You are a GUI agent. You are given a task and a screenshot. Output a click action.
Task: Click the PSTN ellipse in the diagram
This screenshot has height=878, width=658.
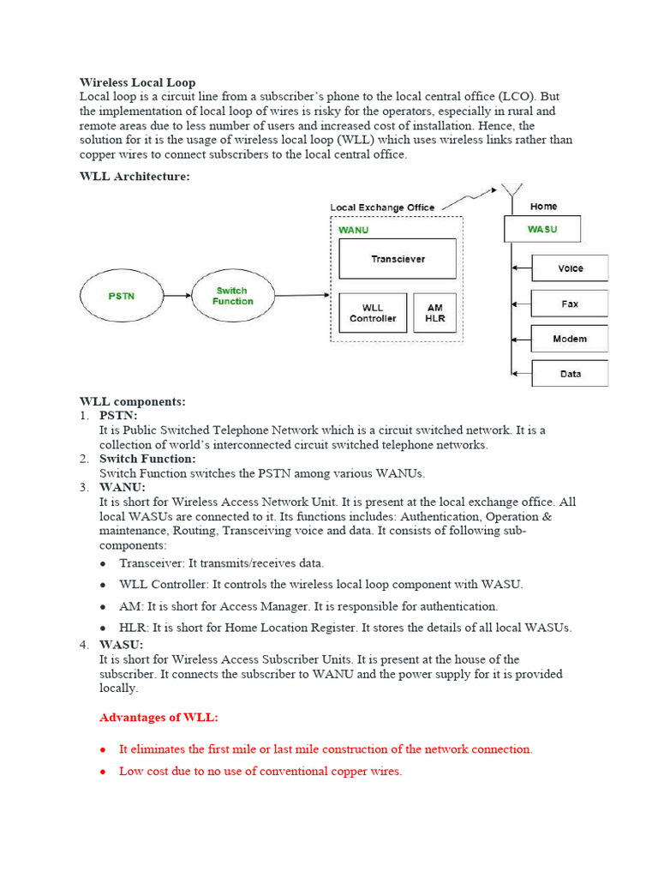[x=121, y=296]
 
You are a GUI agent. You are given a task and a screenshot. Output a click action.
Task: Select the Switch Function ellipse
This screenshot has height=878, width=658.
[x=233, y=296]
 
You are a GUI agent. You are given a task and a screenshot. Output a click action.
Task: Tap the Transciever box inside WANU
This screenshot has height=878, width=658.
[x=398, y=259]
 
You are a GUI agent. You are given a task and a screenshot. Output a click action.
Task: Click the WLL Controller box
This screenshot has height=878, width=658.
[x=373, y=313]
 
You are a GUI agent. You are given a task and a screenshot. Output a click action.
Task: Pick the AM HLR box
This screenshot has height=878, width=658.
[x=434, y=313]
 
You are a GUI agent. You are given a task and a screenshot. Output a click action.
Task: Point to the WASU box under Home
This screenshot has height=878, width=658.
[x=541, y=229]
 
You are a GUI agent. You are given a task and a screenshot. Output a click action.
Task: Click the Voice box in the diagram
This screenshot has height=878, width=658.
[x=570, y=268]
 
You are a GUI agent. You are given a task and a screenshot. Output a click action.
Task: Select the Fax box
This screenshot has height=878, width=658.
[x=570, y=304]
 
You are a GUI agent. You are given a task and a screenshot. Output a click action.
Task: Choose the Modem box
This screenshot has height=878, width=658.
[x=570, y=339]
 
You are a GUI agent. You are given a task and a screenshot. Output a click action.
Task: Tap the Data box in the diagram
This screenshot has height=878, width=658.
[x=570, y=374]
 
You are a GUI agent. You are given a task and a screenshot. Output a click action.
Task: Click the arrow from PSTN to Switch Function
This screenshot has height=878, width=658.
[x=177, y=296]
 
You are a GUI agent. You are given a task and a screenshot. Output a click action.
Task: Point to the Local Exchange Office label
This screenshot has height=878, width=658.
[x=382, y=207]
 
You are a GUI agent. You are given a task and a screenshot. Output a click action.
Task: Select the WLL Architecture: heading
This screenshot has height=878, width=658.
[x=135, y=177]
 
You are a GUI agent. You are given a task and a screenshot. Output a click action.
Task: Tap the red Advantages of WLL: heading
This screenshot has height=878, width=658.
[x=159, y=717]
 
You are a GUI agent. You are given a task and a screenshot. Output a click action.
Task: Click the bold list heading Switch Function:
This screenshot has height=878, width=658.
[x=147, y=459]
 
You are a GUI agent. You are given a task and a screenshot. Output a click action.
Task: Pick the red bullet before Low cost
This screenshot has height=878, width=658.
[x=104, y=772]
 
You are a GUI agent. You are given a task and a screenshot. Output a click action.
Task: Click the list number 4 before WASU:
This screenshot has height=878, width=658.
[x=84, y=645]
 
